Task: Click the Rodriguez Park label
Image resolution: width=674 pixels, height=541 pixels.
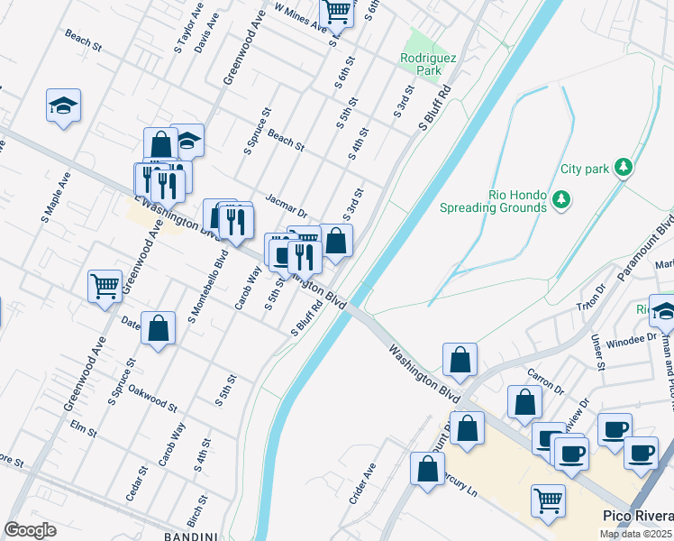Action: [429, 64]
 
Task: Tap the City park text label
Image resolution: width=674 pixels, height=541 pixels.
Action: [585, 169]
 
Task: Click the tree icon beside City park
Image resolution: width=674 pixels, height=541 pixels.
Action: [622, 167]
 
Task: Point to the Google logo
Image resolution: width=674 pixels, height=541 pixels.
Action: [30, 530]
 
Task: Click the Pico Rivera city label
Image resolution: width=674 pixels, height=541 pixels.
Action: [636, 516]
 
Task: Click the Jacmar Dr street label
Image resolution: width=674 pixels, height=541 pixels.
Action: [287, 205]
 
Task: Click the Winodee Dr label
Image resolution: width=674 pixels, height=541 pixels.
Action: [633, 340]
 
